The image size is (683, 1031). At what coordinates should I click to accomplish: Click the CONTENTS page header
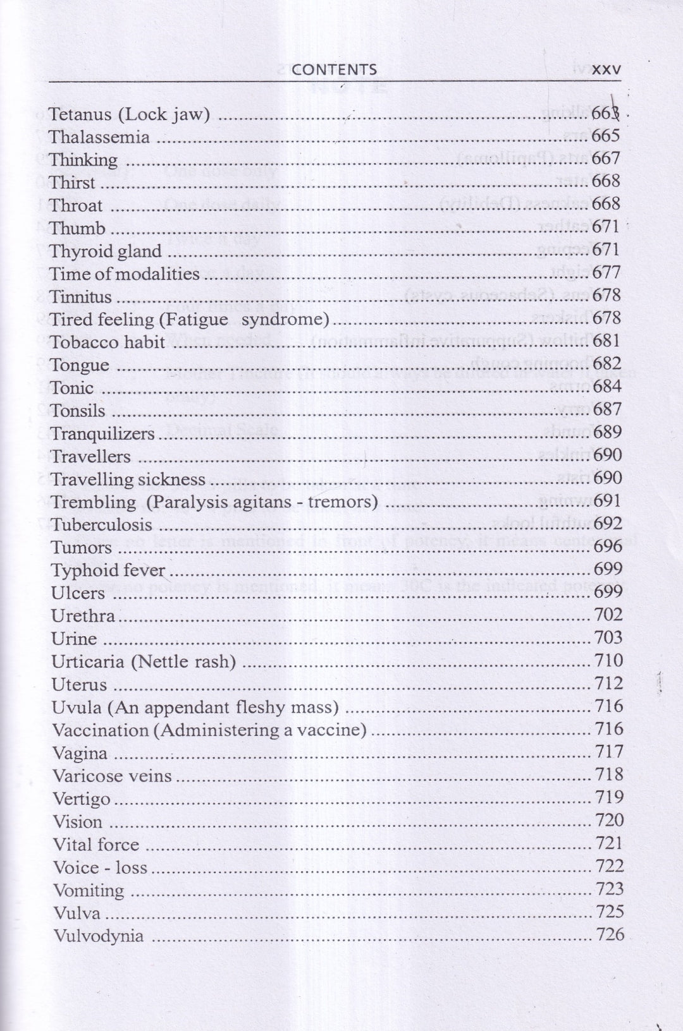[334, 69]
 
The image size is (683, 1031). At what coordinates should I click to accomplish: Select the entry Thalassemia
[99, 137]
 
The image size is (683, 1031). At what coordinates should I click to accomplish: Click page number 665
[606, 136]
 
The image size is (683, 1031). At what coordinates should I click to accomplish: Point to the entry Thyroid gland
[106, 251]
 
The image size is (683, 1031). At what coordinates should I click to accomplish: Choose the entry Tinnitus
[81, 297]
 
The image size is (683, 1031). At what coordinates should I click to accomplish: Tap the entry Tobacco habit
[108, 342]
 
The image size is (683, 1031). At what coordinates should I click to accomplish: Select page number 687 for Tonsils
[608, 409]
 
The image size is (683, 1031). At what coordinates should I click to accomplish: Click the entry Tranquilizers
[103, 434]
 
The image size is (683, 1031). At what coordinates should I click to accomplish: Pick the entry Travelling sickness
[128, 479]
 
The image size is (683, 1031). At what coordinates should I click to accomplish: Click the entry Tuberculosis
[102, 525]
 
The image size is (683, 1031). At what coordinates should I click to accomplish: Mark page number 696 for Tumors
[608, 546]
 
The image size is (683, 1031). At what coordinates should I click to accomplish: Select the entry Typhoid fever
[108, 570]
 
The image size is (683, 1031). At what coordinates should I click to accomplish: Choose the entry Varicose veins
[112, 776]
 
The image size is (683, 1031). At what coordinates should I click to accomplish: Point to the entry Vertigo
[82, 799]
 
